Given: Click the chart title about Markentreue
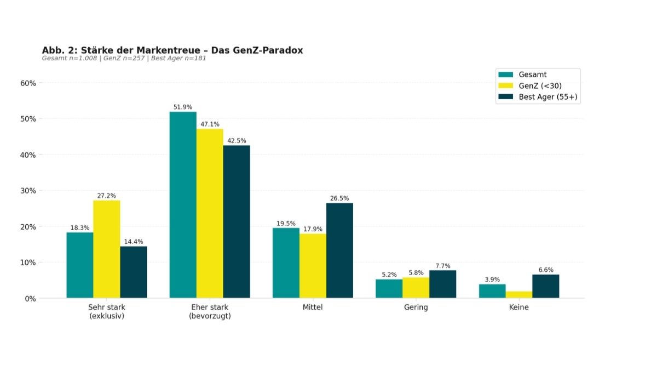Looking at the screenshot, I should [x=172, y=50].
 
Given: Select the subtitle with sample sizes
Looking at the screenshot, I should [x=124, y=58].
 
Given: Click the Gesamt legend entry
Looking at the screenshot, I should [x=532, y=75].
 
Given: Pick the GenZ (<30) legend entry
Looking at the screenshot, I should [x=540, y=86].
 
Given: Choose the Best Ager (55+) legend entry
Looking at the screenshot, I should [x=548, y=97].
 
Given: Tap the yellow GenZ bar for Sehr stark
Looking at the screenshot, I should [x=107, y=249].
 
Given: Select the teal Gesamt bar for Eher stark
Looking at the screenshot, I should [x=183, y=205].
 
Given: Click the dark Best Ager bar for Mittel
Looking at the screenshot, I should [x=339, y=251].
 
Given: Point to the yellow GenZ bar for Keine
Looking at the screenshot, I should [x=519, y=294].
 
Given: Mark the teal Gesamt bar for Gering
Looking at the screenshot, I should [x=389, y=289].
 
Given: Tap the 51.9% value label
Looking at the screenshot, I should [x=183, y=107].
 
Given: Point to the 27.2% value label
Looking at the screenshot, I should [x=107, y=196].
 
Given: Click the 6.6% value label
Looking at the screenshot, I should [x=546, y=270].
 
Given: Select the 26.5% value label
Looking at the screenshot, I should [x=339, y=198].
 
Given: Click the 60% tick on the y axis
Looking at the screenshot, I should [x=28, y=83].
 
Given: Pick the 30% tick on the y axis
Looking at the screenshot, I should [x=28, y=191].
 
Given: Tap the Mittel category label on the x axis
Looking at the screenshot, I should [x=313, y=308].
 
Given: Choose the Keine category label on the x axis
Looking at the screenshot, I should [x=518, y=308].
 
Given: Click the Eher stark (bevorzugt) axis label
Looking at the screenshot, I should [x=210, y=311].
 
